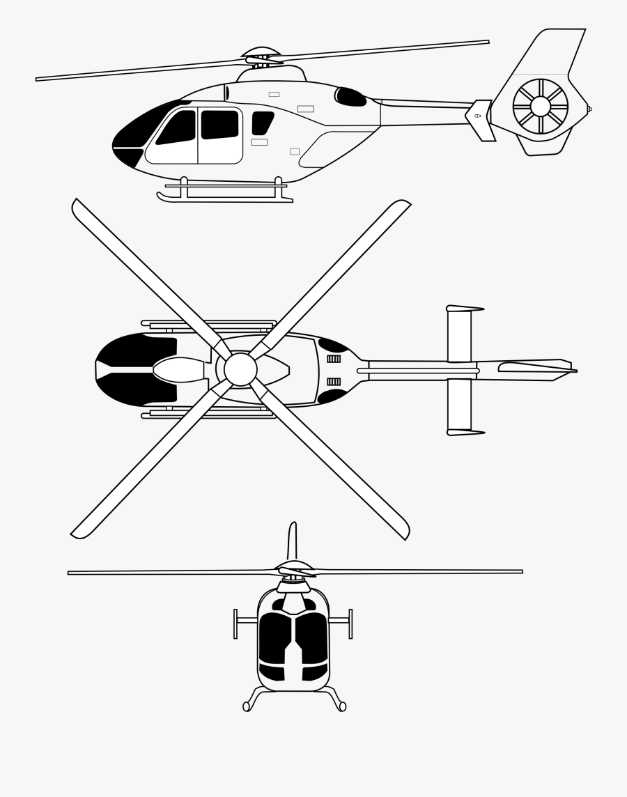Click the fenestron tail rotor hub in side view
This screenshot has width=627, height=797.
click(541, 107)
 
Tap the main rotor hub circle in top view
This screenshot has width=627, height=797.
click(240, 369)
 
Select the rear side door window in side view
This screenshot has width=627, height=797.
click(219, 124)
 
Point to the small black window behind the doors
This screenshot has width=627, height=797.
click(262, 123)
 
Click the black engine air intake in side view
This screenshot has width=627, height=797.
click(351, 97)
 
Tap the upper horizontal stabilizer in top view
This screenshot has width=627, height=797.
click(459, 336)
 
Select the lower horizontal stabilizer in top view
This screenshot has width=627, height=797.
click(459, 404)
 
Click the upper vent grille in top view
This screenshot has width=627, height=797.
click(334, 359)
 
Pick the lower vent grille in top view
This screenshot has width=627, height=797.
click(334, 382)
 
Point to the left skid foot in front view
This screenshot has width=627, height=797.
click(246, 706)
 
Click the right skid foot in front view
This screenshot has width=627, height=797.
click(342, 706)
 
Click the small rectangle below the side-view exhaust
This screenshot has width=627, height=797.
click(295, 151)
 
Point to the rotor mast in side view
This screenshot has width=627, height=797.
click(261, 66)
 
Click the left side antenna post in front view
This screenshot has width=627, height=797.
click(235, 624)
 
